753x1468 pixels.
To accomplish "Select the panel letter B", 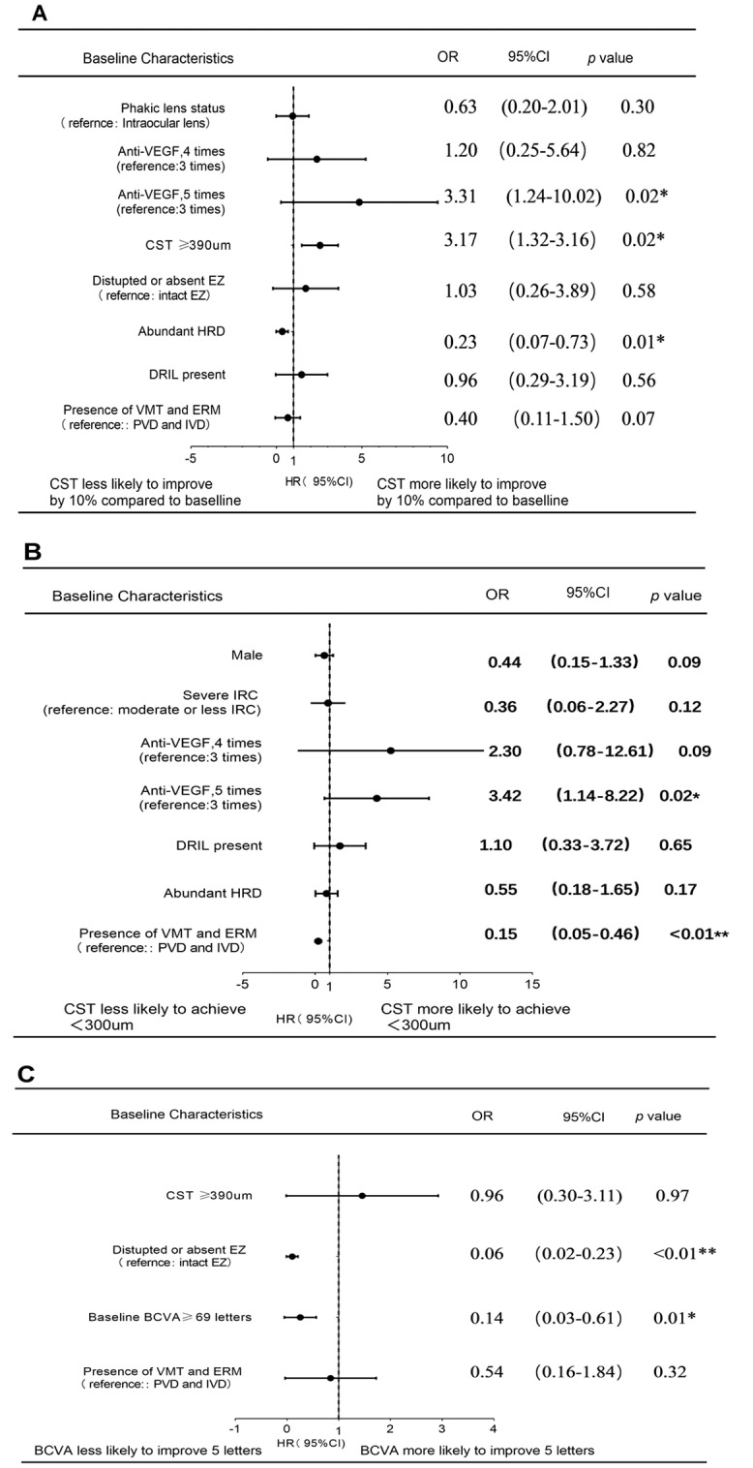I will (x=32, y=552).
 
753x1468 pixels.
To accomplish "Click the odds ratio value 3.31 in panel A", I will (x=461, y=197).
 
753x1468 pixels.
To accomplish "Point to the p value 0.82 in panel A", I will (x=638, y=150).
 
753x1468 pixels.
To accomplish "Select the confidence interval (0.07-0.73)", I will (x=553, y=342).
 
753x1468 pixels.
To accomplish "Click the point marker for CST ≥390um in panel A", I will (x=320, y=245).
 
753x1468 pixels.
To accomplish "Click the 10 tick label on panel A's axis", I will (x=446, y=457).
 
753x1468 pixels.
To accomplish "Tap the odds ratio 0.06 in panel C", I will (x=487, y=1254).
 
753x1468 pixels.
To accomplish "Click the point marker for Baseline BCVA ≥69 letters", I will (x=300, y=1317).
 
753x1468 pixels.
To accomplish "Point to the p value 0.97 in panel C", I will (x=672, y=1196).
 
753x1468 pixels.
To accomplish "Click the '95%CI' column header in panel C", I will (x=584, y=1116).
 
